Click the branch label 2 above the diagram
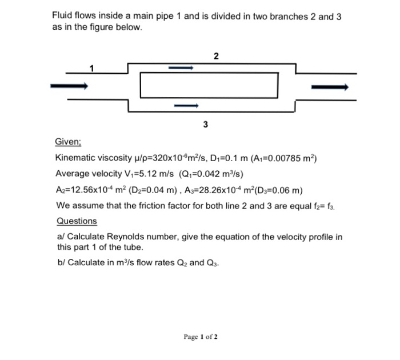[215, 56]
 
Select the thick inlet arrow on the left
[69, 86]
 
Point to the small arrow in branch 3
[186, 106]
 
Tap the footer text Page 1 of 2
[199, 337]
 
